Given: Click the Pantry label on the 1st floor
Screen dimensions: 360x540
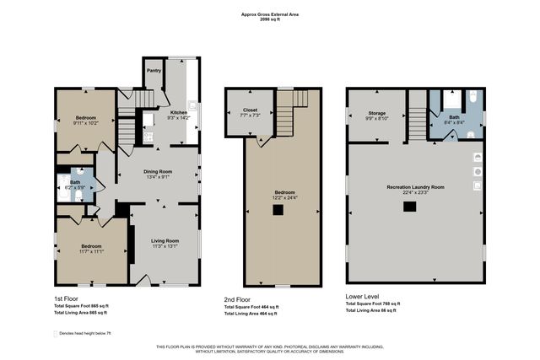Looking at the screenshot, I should click(154, 71).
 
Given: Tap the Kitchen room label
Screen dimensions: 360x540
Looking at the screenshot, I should click(179, 112).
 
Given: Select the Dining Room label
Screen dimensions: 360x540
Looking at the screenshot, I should click(158, 172).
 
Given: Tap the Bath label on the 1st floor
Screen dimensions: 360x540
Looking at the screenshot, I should click(75, 181).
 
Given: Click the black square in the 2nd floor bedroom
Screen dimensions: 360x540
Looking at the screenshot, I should click(277, 210).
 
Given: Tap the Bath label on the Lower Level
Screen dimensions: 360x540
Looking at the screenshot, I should click(454, 117).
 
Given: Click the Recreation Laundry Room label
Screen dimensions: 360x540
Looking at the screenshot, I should click(415, 186).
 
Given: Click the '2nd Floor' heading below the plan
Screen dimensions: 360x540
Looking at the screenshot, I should click(237, 299).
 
